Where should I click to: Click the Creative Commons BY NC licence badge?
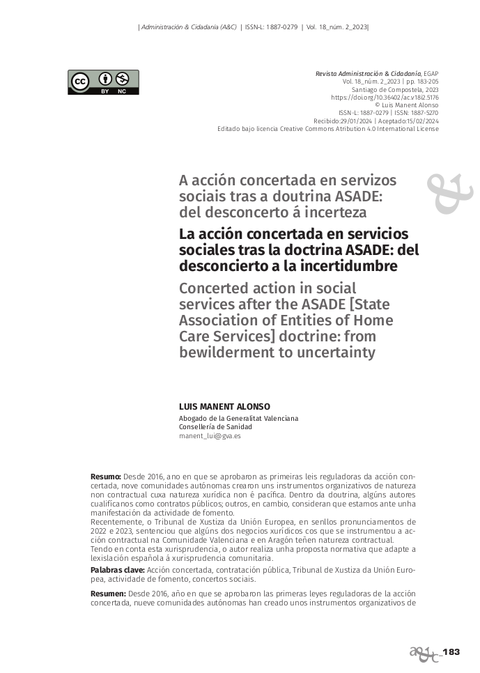(x=103, y=82)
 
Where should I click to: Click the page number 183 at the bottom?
(x=451, y=651)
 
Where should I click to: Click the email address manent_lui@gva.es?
(x=210, y=435)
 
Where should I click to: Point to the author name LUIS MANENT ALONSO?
(x=224, y=407)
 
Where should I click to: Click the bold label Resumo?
(x=106, y=476)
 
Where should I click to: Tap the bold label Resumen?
(x=108, y=593)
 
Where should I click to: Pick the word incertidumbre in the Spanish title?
(x=337, y=266)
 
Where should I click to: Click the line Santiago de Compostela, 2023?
(x=395, y=90)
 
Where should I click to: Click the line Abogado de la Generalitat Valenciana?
(x=238, y=418)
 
